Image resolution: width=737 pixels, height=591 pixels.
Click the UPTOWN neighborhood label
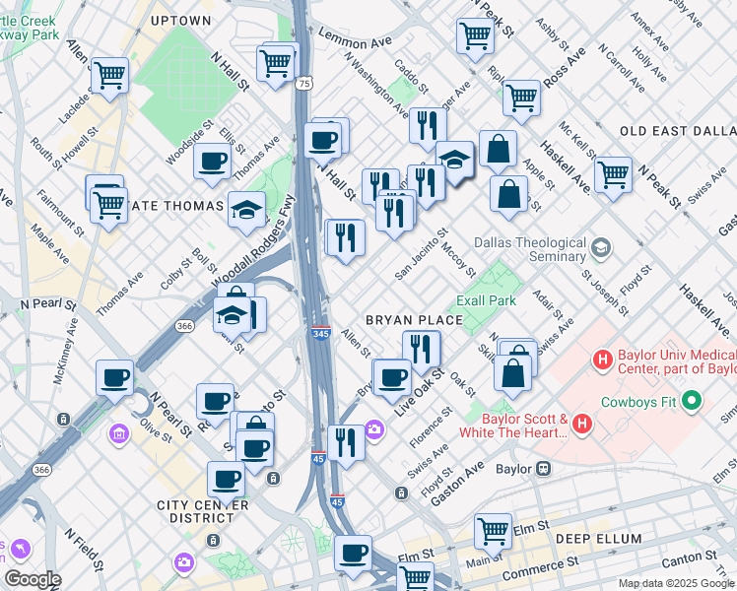[181, 20]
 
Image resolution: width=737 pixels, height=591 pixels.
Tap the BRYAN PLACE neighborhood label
[414, 320]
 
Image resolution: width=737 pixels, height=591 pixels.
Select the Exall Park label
[487, 299]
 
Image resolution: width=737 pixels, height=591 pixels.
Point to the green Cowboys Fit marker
[691, 401]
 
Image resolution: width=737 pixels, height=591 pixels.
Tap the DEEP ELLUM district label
[598, 539]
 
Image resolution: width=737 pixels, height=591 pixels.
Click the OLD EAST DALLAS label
[678, 131]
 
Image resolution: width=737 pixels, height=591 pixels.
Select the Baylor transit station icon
[543, 469]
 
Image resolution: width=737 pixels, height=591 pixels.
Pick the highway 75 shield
[305, 85]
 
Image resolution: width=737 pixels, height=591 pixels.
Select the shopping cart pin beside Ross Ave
[520, 97]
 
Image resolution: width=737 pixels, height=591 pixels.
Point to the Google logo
[33, 579]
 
